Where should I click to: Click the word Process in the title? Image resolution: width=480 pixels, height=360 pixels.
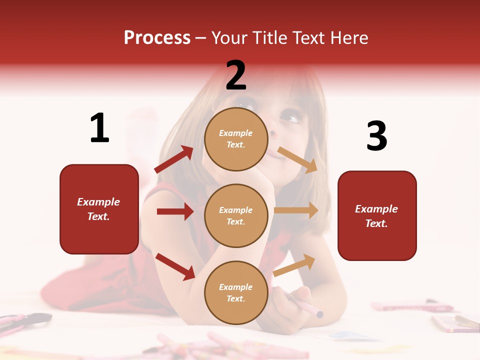(x=157, y=37)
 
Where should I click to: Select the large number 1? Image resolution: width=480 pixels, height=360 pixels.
(x=99, y=128)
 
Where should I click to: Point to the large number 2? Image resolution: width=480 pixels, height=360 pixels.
(x=236, y=75)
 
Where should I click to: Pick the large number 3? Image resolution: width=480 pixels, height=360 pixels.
(x=376, y=136)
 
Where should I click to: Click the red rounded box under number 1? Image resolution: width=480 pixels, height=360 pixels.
(x=99, y=209)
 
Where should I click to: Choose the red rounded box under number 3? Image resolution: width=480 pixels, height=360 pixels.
(x=377, y=216)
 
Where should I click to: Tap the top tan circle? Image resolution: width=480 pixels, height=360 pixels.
(x=236, y=139)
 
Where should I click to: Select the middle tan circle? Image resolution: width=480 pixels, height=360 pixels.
(x=236, y=215)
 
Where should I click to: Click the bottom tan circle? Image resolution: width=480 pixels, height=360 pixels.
(x=236, y=292)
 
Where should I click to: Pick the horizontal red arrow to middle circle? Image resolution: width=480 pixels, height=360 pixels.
(x=175, y=211)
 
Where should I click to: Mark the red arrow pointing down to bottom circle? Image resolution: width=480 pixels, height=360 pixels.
(x=175, y=266)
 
